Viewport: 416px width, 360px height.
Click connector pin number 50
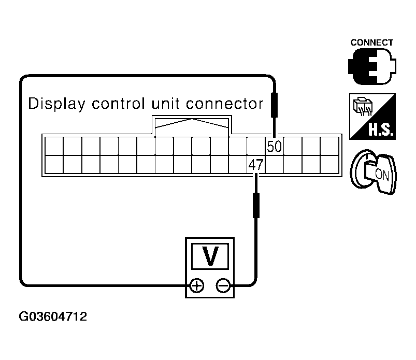click(274, 147)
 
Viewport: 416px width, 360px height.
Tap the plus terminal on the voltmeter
click(196, 285)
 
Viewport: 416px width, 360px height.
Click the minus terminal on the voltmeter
click(223, 285)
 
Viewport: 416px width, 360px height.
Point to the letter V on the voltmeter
click(210, 256)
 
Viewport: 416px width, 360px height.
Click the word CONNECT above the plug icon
click(371, 42)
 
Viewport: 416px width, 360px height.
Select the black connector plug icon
click(371, 67)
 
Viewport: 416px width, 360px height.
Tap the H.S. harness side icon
click(371, 116)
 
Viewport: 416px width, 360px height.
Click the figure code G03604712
click(53, 316)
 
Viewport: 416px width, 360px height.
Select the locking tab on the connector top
click(192, 124)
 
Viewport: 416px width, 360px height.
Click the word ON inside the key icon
click(381, 174)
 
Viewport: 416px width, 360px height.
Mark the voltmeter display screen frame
click(210, 256)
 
